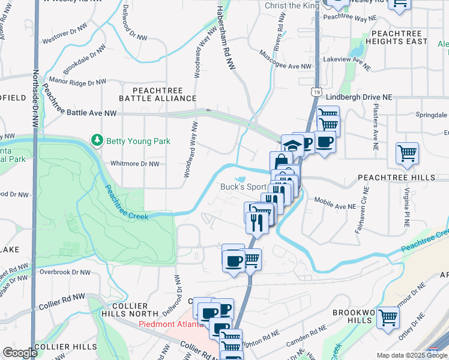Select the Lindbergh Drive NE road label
[358, 97]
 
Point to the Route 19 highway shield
[316, 91]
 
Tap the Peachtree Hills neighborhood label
[396, 178]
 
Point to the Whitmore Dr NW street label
[135, 163]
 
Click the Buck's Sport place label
[243, 187]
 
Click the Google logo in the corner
[20, 353]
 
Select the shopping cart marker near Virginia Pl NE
[407, 153]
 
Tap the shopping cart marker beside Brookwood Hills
[388, 317]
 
